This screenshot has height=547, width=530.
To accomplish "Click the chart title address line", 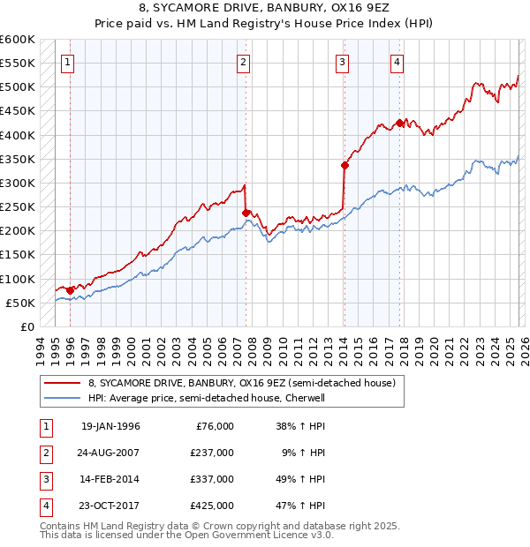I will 264,8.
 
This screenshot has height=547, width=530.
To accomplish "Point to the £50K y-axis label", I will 20,303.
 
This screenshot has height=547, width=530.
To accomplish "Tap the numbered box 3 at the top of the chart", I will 342,62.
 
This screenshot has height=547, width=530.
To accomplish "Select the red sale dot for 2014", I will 344,165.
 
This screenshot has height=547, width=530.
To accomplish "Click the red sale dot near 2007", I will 246,213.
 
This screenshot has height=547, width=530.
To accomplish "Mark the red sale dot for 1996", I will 71,290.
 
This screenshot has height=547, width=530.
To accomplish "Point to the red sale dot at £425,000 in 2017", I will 399,123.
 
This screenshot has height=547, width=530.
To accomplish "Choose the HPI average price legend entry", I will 207,398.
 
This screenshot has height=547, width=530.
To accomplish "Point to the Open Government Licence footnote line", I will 186,535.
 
